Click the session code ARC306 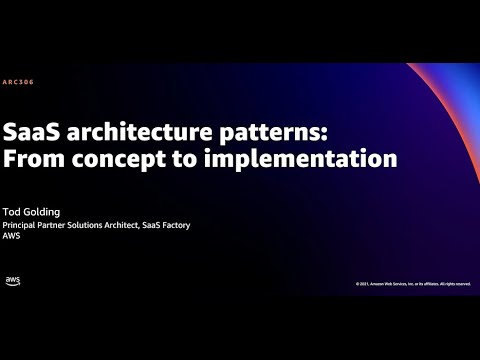[x=18, y=82]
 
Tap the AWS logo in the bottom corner [x=13, y=281]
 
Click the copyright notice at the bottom [x=413, y=283]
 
